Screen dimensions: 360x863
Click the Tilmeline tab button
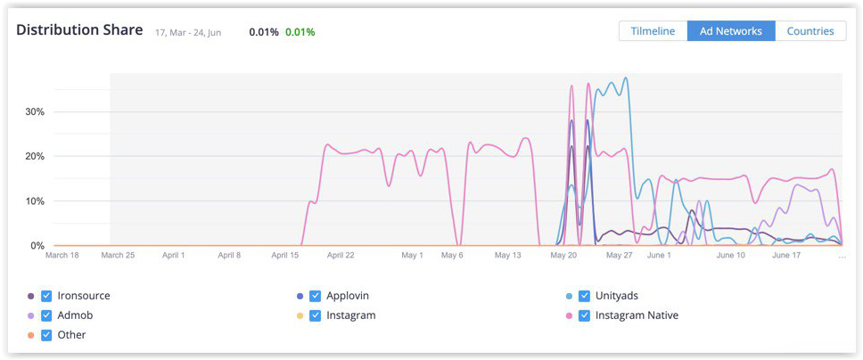[653, 31]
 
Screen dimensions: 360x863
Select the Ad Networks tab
[730, 31]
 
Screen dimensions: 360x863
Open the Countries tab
[810, 31]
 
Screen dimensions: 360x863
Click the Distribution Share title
[79, 29]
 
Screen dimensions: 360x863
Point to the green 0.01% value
[300, 32]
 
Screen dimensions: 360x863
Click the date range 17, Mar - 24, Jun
[188, 33]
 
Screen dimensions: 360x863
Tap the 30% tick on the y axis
[35, 112]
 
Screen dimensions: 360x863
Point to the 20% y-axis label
[35, 157]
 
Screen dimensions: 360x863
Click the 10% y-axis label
[35, 201]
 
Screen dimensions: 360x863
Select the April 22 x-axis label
[341, 256]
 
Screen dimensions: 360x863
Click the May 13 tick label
[506, 256]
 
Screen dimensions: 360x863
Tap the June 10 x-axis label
[730, 256]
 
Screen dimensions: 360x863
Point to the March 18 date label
[62, 256]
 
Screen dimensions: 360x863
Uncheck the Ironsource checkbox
[46, 296]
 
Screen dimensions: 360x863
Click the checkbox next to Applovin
[315, 296]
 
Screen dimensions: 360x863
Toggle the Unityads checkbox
[584, 296]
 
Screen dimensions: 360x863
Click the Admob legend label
[76, 315]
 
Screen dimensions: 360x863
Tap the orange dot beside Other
[31, 335]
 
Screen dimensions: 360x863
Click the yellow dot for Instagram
[300, 315]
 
